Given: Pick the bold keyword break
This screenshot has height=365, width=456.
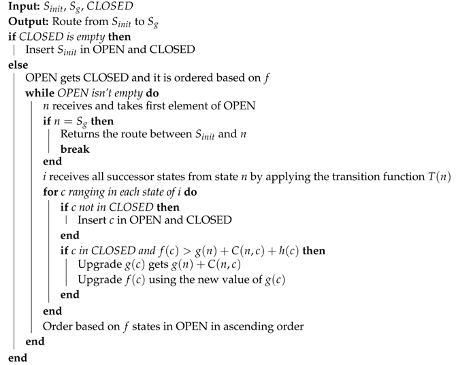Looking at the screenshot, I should tap(76, 149).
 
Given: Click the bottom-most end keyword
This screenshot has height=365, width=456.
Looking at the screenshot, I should tap(16, 355).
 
